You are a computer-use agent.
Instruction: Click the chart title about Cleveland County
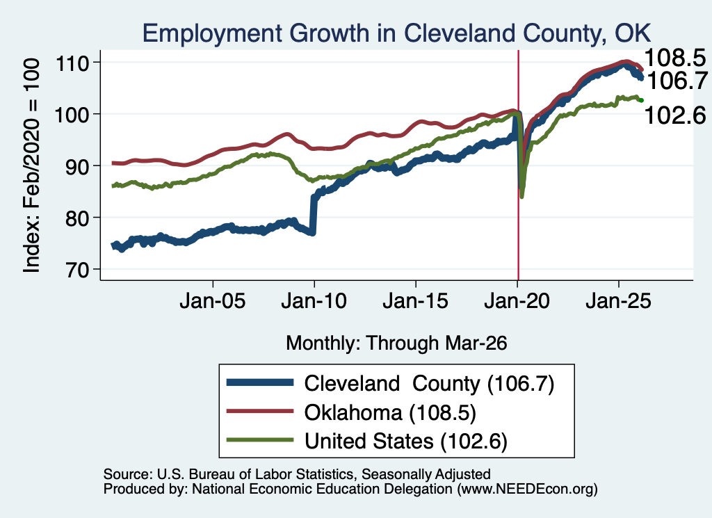396,33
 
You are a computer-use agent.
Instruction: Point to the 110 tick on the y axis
72,63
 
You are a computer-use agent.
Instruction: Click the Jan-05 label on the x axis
213,301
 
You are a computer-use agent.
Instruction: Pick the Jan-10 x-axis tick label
314,301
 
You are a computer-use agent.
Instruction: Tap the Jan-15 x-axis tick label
416,301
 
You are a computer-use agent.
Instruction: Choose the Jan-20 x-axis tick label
517,301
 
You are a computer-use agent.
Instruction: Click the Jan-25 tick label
618,301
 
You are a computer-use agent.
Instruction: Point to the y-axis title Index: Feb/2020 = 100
31,165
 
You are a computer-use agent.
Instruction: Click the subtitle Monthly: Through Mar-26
396,343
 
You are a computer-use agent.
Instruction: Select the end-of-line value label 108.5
675,58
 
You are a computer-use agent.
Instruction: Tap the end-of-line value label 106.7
677,81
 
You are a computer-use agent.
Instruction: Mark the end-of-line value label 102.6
675,115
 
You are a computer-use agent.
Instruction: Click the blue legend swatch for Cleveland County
260,382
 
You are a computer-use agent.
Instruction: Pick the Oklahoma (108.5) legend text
390,413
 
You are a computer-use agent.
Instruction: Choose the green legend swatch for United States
260,439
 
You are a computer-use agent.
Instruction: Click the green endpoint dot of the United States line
641,100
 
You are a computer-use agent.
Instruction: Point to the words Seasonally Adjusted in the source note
426,474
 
